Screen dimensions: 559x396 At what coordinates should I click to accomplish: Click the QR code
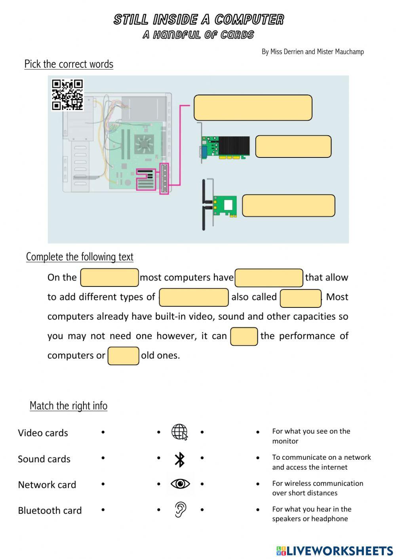tap(67, 95)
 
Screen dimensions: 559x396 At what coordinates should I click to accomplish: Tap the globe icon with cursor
tap(179, 432)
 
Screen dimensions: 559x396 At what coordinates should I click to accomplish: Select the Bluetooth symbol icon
tap(180, 459)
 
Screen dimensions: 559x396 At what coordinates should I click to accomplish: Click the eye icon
tap(180, 484)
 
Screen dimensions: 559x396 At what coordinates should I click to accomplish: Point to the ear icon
tap(180, 510)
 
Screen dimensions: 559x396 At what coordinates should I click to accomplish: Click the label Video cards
tap(43, 433)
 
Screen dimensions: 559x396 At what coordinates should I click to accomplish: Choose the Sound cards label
tap(44, 459)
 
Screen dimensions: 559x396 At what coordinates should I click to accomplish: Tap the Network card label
tap(47, 485)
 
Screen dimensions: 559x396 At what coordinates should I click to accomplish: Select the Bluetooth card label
tap(49, 510)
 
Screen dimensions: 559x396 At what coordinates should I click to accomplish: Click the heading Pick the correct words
tap(69, 64)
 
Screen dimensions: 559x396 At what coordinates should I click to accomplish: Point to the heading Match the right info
tap(68, 406)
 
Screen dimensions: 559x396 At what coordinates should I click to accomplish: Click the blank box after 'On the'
tap(109, 277)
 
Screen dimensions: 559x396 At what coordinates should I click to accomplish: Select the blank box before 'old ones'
tap(123, 356)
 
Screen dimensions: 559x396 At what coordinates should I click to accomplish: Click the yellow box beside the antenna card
tap(288, 206)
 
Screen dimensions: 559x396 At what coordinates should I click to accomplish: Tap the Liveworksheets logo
tap(334, 551)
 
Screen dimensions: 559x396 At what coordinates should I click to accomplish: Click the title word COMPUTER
tap(249, 19)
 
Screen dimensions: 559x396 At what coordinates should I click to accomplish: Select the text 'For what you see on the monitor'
tap(311, 436)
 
